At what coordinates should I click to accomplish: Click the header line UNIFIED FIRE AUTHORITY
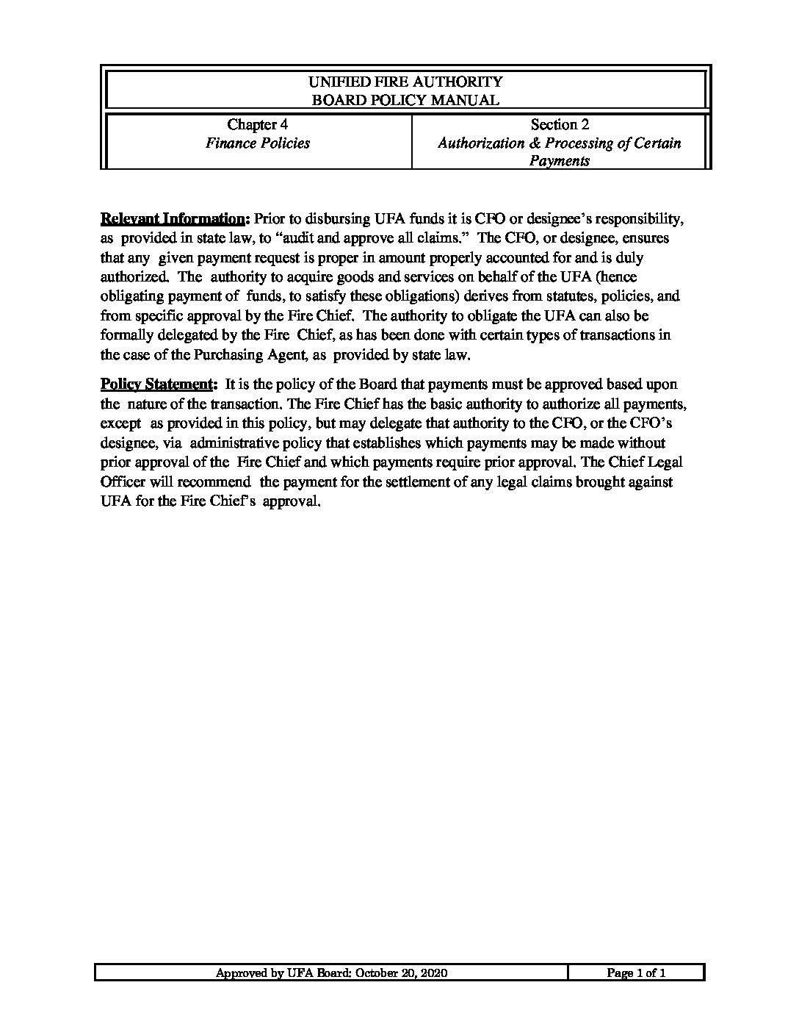(x=405, y=82)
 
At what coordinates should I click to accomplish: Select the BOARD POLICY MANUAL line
(x=405, y=100)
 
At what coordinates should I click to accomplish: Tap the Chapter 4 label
(x=252, y=125)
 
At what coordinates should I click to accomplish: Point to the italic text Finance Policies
(x=257, y=143)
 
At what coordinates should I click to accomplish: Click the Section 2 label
(x=560, y=125)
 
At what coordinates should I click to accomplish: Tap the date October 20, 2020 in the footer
(x=402, y=973)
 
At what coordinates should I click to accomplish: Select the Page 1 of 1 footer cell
(x=636, y=973)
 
